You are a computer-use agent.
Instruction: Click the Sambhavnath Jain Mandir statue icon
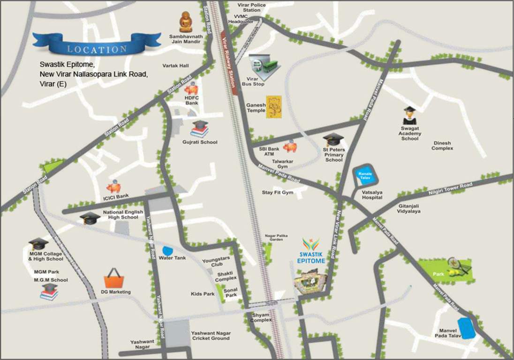186,22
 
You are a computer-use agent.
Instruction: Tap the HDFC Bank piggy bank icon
192,89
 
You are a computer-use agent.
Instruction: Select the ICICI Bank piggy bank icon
113,187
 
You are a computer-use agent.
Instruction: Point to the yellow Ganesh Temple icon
273,108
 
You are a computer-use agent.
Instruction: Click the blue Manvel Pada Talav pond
467,328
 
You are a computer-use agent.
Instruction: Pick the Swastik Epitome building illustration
310,281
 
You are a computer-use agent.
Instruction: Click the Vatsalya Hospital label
371,195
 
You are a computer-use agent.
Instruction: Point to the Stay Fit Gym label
277,193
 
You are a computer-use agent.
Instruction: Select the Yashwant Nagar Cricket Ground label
210,336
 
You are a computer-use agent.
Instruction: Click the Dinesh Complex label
443,146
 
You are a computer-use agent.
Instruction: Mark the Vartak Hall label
175,66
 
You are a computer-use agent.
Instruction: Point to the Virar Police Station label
251,7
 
